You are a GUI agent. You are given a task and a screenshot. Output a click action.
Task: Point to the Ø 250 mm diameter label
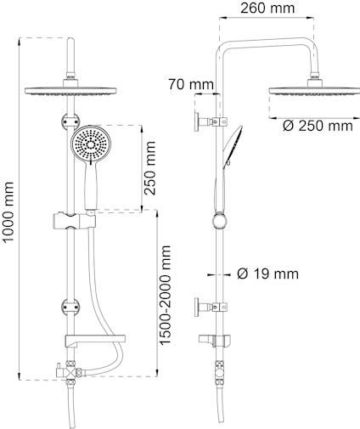pyautogui.click(x=316, y=127)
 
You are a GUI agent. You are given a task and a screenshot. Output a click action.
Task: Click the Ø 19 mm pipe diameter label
pyautogui.click(x=267, y=274)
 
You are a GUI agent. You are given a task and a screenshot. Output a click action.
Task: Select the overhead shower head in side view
pyautogui.click(x=312, y=93)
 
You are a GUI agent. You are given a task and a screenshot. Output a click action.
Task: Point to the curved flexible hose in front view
pyautogui.click(x=98, y=314)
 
